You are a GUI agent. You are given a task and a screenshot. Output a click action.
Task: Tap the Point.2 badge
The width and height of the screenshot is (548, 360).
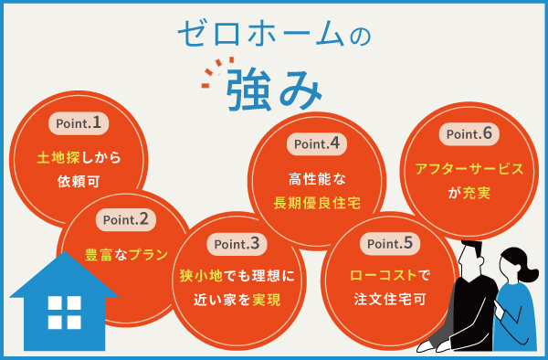(x=125, y=218)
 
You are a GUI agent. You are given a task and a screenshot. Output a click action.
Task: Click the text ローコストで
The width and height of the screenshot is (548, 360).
(x=390, y=274)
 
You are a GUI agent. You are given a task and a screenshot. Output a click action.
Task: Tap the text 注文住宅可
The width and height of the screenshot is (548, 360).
(x=390, y=298)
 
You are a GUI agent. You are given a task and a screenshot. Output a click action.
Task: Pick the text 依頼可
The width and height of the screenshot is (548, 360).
(x=79, y=180)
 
